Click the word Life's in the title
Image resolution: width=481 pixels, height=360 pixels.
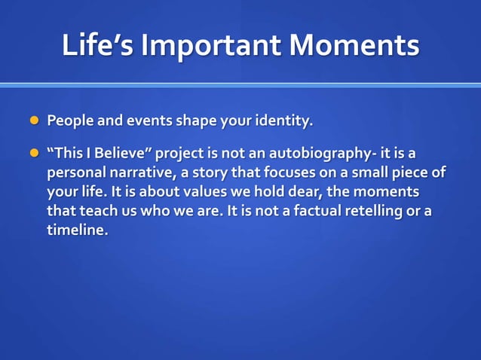tap(97, 46)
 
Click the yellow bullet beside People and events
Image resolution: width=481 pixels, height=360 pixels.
tap(32, 121)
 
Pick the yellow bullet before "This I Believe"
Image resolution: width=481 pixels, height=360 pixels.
tap(32, 155)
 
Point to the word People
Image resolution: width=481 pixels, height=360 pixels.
tap(69, 121)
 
